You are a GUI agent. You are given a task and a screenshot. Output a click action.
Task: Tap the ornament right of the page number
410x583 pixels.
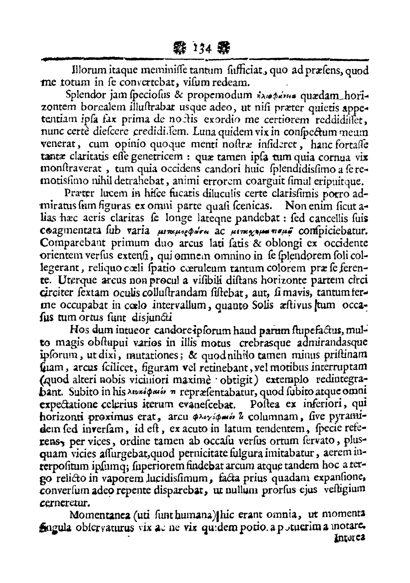point(224,48)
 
